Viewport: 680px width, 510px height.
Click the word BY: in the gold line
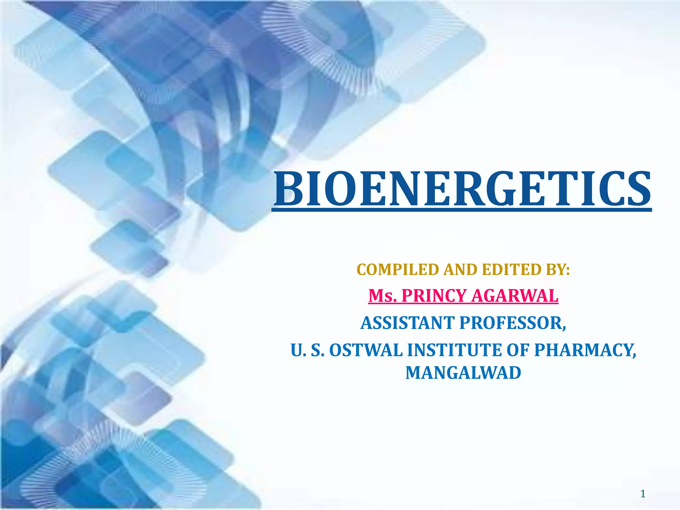(558, 270)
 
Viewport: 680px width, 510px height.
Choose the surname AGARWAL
(515, 296)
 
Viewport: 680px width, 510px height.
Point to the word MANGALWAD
(463, 373)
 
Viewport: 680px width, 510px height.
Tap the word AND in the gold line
(460, 270)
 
